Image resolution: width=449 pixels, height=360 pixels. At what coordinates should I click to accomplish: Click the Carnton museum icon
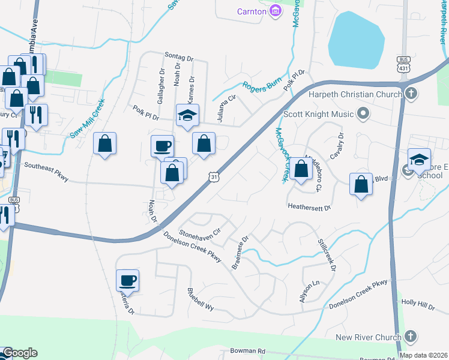[x=276, y=10]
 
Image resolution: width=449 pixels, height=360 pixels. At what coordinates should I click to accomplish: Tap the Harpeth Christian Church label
[x=354, y=94]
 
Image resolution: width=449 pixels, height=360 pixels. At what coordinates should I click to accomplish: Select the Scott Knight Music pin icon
[x=363, y=113]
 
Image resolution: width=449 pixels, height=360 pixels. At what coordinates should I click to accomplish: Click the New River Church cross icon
[x=411, y=337]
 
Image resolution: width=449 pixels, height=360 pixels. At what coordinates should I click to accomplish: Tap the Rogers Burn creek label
[x=262, y=85]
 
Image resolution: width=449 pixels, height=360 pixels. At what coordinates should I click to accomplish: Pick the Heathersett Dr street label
[x=310, y=208]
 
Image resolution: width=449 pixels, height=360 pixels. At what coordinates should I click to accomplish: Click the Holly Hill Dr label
[x=418, y=306]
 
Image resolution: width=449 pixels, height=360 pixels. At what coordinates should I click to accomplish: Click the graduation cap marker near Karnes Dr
[x=187, y=115]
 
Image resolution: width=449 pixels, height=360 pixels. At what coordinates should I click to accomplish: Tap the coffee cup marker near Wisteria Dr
[x=127, y=280]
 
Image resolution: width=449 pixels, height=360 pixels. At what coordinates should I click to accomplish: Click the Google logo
[x=20, y=353]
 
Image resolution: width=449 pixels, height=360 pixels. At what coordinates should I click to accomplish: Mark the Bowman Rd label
[x=248, y=350]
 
